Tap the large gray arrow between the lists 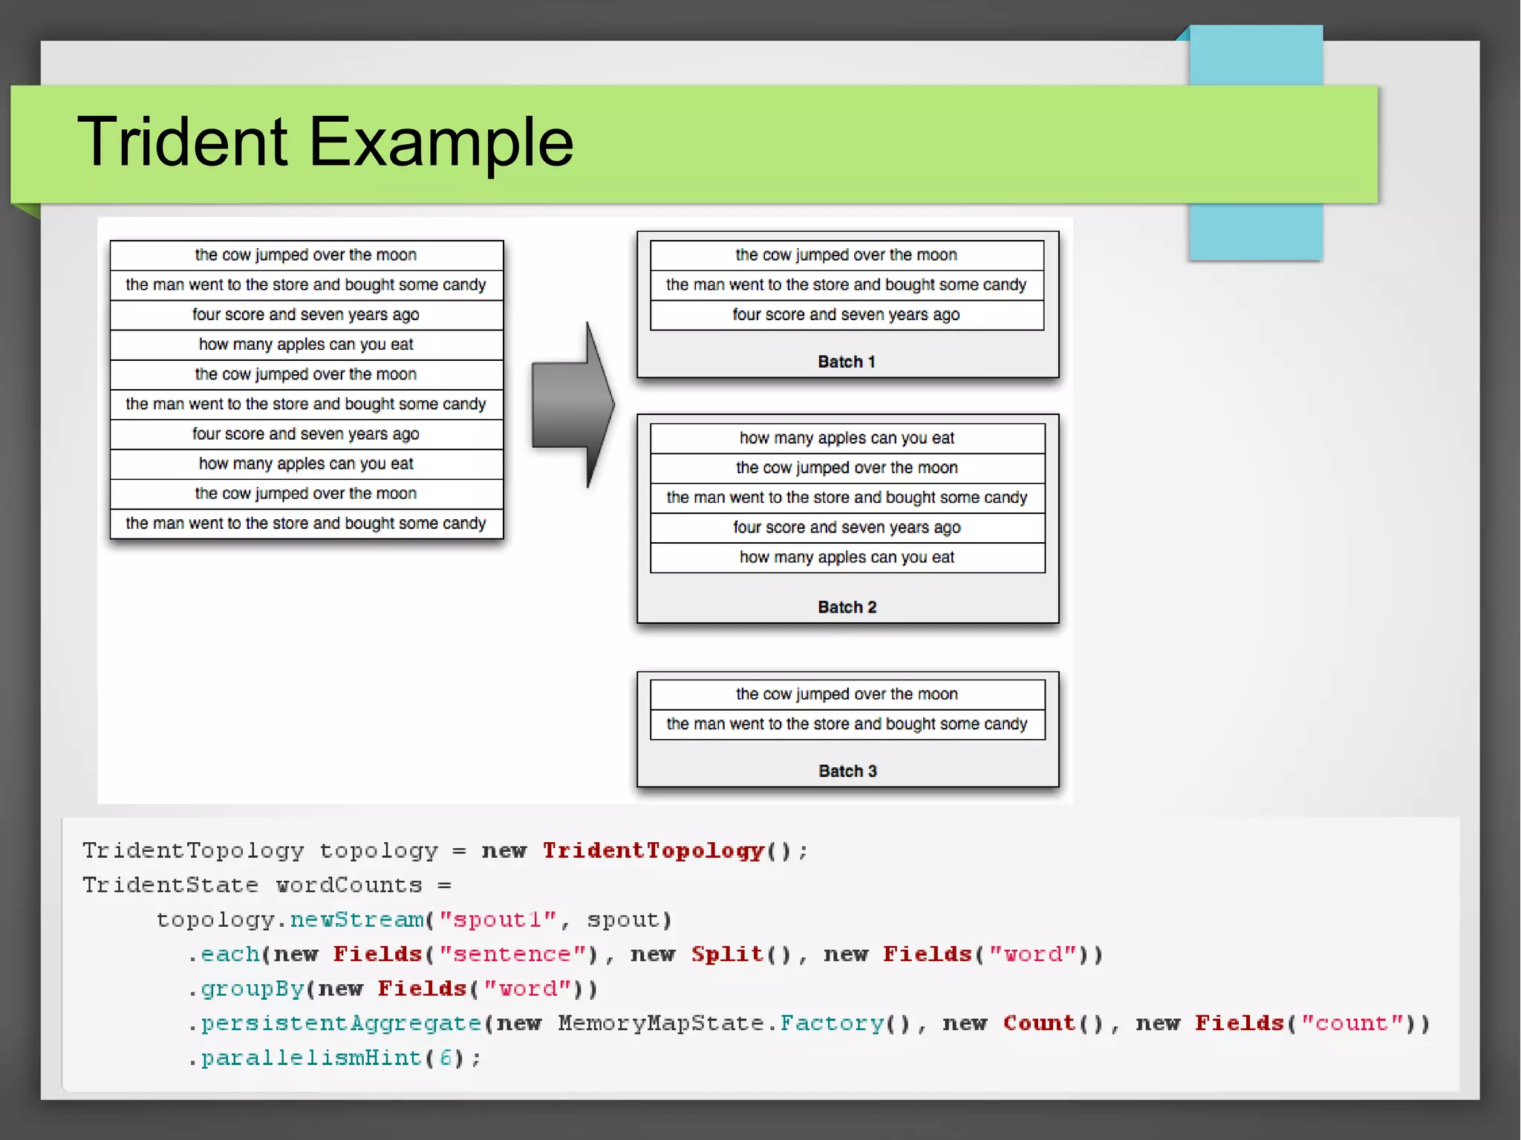573,405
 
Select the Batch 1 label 846,362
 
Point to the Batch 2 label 847,607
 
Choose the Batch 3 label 847,771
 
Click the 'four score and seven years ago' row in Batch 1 846,315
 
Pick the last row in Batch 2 847,557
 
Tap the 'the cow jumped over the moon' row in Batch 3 847,694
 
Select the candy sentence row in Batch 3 847,724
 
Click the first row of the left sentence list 306,255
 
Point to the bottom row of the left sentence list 306,524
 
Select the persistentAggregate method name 341,1023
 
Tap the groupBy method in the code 253,988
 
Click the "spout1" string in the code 498,920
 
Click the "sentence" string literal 512,954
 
